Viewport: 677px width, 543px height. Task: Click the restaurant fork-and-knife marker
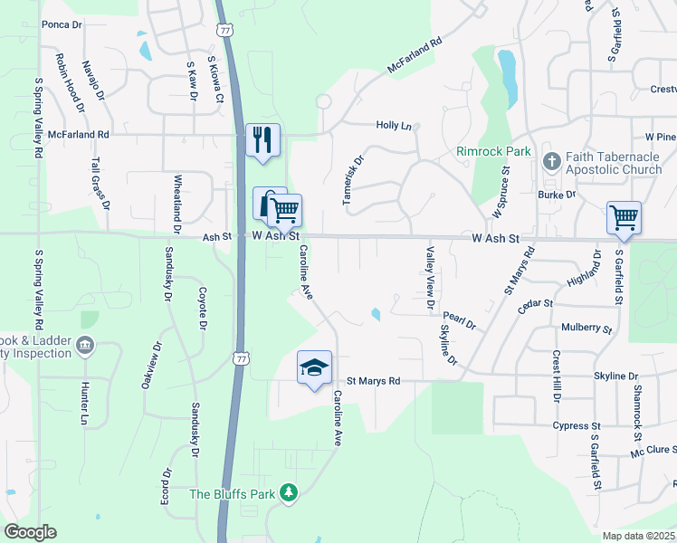click(x=262, y=140)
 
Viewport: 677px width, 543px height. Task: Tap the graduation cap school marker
click(x=314, y=367)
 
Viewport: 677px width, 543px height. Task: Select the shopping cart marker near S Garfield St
click(x=623, y=217)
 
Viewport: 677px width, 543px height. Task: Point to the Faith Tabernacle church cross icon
click(x=549, y=161)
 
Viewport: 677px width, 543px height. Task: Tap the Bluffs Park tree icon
click(x=289, y=492)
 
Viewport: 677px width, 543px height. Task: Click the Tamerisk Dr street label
click(x=353, y=179)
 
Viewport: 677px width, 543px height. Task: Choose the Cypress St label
click(x=577, y=425)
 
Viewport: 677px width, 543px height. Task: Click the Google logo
click(x=30, y=532)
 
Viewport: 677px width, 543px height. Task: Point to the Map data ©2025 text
click(x=637, y=536)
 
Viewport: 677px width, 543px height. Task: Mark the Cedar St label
click(x=535, y=307)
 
